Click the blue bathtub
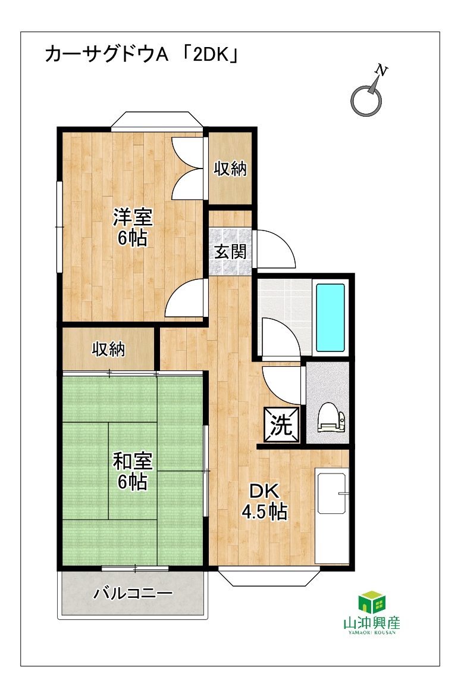[x=330, y=317]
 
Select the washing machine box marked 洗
[x=281, y=425]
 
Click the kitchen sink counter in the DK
[x=332, y=516]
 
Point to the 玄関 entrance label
[x=230, y=252]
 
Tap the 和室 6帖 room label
[x=133, y=471]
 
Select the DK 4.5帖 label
[x=264, y=501]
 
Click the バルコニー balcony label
[x=133, y=593]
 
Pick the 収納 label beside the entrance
[x=230, y=169]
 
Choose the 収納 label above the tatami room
[x=108, y=350]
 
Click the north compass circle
[x=366, y=101]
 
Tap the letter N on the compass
[x=381, y=70]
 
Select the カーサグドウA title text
[x=106, y=55]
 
